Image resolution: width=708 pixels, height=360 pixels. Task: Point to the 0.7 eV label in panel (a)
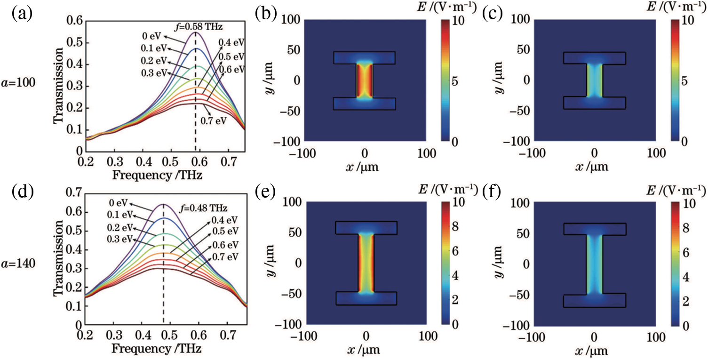pyautogui.click(x=214, y=121)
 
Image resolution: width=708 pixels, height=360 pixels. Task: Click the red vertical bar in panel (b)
pyautogui.click(x=365, y=80)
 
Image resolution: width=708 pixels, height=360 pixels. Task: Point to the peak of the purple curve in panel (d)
pyautogui.click(x=163, y=204)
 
